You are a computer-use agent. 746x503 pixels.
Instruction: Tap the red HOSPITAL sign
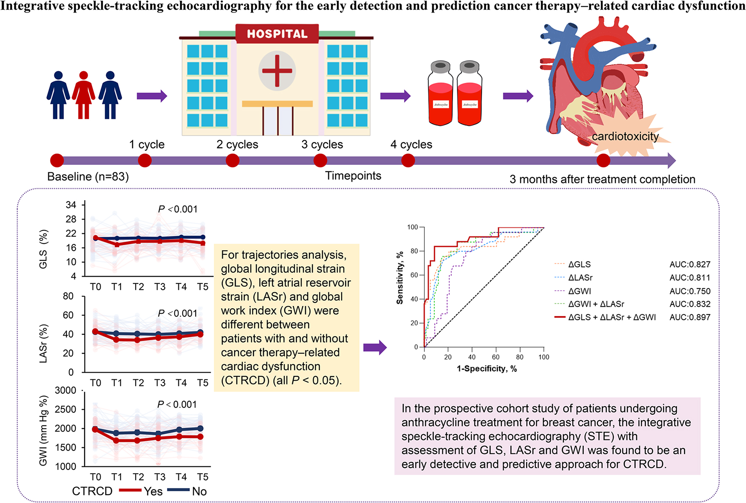pyautogui.click(x=277, y=34)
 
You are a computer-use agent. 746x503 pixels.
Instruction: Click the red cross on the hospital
pyautogui.click(x=277, y=71)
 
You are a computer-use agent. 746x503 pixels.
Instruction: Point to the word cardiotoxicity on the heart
pyautogui.click(x=625, y=136)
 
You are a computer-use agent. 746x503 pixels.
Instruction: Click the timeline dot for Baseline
pyautogui.click(x=57, y=161)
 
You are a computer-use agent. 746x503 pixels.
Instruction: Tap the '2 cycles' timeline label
pyautogui.click(x=237, y=144)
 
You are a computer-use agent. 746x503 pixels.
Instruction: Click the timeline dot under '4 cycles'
pyautogui.click(x=408, y=161)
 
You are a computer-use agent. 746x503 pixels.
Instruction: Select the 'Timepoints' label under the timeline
pyautogui.click(x=353, y=176)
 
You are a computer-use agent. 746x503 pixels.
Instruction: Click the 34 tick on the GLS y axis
pyautogui.click(x=71, y=205)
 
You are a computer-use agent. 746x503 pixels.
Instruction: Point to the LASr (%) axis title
pyautogui.click(x=43, y=343)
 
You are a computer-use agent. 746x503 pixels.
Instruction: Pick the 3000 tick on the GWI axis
pyautogui.click(x=66, y=390)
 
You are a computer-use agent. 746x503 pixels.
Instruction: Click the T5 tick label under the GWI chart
pyautogui.click(x=202, y=477)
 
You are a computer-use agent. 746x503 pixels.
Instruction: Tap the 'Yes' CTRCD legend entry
pyautogui.click(x=152, y=491)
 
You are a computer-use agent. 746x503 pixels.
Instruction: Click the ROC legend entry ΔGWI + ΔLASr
pyautogui.click(x=596, y=304)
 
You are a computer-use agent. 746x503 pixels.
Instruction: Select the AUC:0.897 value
pyautogui.click(x=690, y=318)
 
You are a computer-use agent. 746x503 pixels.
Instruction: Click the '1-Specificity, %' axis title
pyautogui.click(x=487, y=369)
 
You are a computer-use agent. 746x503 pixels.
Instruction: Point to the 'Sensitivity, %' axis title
pyautogui.click(x=400, y=278)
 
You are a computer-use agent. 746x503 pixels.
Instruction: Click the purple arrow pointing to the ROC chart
pyautogui.click(x=375, y=347)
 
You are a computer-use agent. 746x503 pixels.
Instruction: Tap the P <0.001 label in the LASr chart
pyautogui.click(x=178, y=313)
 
